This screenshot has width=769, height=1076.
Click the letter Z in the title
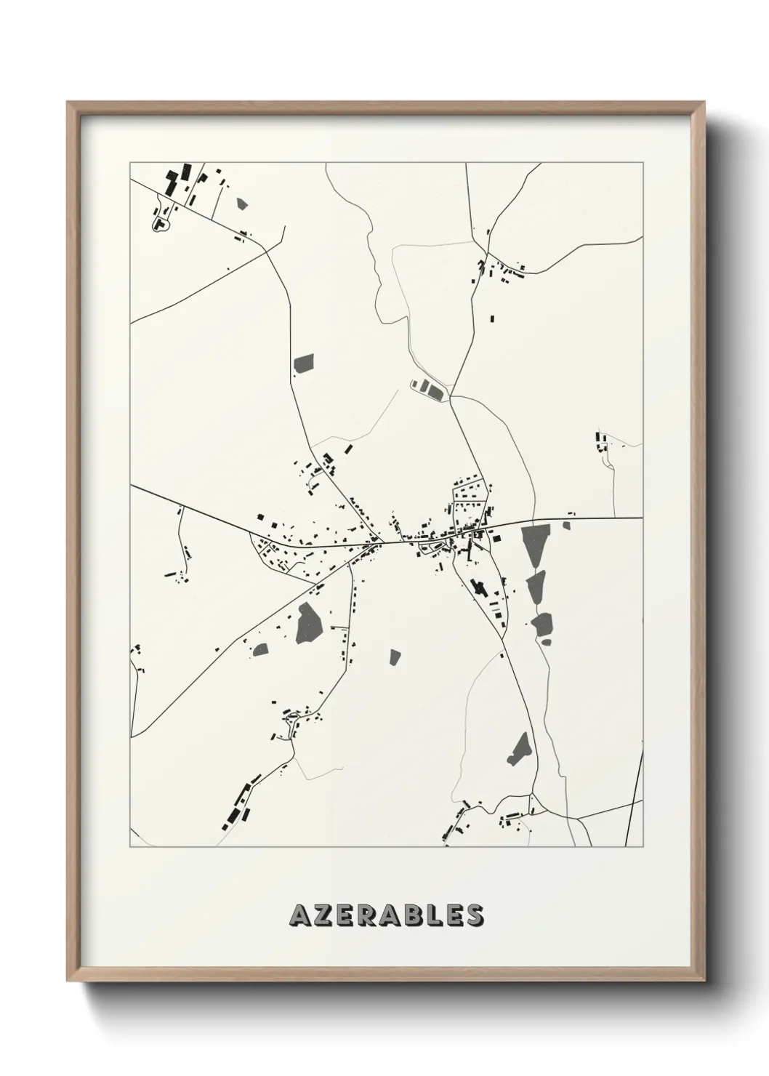point(323,915)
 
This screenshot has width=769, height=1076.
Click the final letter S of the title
point(475,915)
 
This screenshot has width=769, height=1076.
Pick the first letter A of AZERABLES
point(299,915)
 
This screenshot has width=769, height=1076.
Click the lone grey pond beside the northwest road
point(304,363)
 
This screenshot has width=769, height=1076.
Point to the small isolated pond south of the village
point(395,657)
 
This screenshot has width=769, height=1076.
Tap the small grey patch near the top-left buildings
point(242,204)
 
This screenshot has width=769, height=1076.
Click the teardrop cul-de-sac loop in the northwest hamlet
point(158,226)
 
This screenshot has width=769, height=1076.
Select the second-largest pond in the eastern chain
point(536,587)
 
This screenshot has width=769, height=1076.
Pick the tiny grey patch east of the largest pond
point(566,524)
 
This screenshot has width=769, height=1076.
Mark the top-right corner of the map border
point(643,163)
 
